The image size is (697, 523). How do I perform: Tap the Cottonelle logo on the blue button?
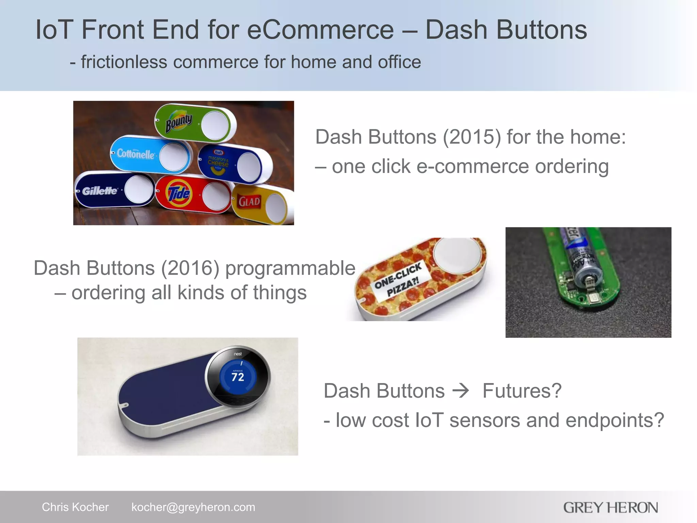[136, 154]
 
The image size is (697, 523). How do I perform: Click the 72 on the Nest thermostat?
[238, 377]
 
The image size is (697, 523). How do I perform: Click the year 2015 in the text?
[472, 137]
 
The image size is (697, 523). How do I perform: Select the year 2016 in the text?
[190, 268]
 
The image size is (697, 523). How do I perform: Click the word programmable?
[290, 268]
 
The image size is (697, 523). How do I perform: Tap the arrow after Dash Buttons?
[461, 391]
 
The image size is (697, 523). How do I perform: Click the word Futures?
[522, 391]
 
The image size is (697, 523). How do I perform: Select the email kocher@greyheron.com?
[193, 507]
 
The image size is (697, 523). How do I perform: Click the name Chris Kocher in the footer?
[75, 507]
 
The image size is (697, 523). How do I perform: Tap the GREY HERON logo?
[610, 507]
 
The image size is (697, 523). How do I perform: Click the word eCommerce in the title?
[320, 30]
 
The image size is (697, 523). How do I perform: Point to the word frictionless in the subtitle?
[124, 62]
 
